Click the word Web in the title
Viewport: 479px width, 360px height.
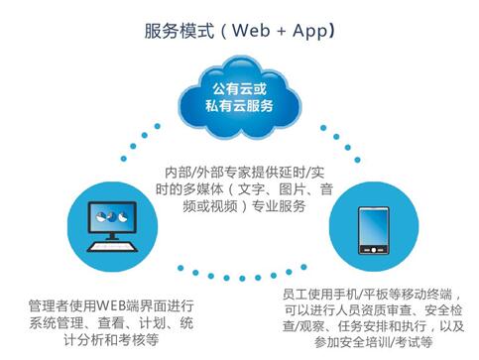tap(251, 31)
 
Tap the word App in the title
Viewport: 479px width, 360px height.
tap(309, 32)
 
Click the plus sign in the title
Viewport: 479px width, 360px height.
tap(282, 32)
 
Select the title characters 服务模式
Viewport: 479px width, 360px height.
tap(180, 32)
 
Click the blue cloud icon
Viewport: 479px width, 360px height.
tap(240, 97)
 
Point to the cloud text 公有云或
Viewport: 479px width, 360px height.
tap(239, 88)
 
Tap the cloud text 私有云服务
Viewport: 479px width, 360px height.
tap(239, 106)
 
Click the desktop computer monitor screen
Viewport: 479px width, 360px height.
tap(112, 217)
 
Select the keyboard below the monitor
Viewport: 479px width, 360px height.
tap(112, 247)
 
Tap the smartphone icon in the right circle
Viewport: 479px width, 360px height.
tap(374, 230)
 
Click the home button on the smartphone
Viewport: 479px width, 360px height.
tap(374, 250)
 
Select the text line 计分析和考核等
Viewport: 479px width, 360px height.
tap(111, 340)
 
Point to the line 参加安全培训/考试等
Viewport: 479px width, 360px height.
tap(374, 342)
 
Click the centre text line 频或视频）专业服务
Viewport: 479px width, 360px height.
tap(244, 206)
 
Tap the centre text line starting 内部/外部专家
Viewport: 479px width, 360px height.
tap(245, 173)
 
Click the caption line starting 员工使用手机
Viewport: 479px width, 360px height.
tap(372, 294)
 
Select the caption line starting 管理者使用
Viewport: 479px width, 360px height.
tap(111, 305)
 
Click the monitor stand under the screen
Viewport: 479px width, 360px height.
tap(112, 237)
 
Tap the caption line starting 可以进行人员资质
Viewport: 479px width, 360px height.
tap(374, 309)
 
